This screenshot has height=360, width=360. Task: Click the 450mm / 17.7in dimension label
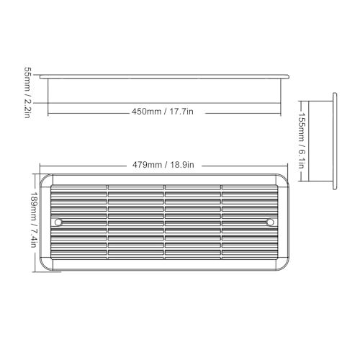[x=163, y=112]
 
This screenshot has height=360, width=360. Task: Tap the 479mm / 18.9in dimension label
[x=163, y=165]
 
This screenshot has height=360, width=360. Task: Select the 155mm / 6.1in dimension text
[x=302, y=140]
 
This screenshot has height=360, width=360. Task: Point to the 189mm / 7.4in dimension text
[x=33, y=220]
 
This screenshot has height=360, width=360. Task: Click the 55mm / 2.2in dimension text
[x=27, y=92]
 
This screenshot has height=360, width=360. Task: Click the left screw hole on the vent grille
[x=58, y=222]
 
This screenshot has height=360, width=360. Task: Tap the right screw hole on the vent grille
[x=270, y=222]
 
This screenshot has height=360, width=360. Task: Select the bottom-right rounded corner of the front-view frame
[x=284, y=266]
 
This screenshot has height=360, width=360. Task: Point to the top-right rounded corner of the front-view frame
[x=284, y=178]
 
